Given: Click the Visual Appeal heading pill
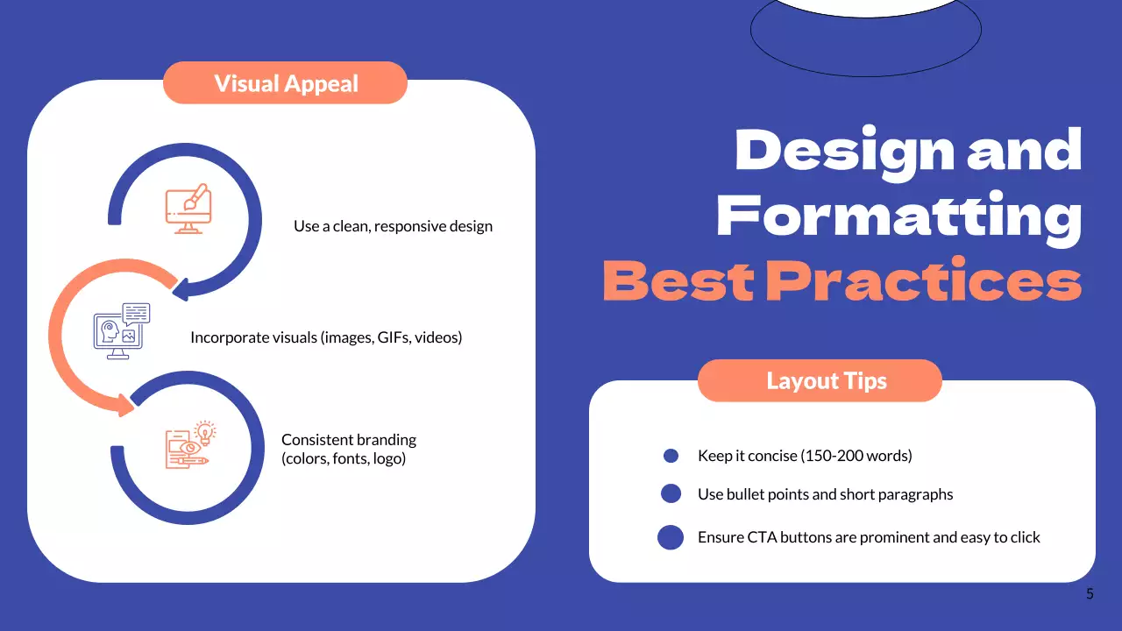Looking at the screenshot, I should pyautogui.click(x=286, y=83).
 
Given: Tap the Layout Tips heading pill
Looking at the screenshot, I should pyautogui.click(x=826, y=381).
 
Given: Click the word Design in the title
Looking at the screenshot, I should pyautogui.click(x=844, y=152).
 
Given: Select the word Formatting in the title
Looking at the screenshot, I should pyautogui.click(x=898, y=216).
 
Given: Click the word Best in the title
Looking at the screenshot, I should pyautogui.click(x=678, y=280).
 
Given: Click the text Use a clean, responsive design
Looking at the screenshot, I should pyautogui.click(x=393, y=226).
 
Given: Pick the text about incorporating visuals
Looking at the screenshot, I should pyautogui.click(x=325, y=337).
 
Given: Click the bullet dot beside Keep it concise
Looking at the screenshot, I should pyautogui.click(x=671, y=456).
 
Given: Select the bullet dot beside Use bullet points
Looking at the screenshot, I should pyautogui.click(x=671, y=494).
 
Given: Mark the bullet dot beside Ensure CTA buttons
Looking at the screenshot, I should pyautogui.click(x=671, y=537).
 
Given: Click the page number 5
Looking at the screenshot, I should pyautogui.click(x=1090, y=594).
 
